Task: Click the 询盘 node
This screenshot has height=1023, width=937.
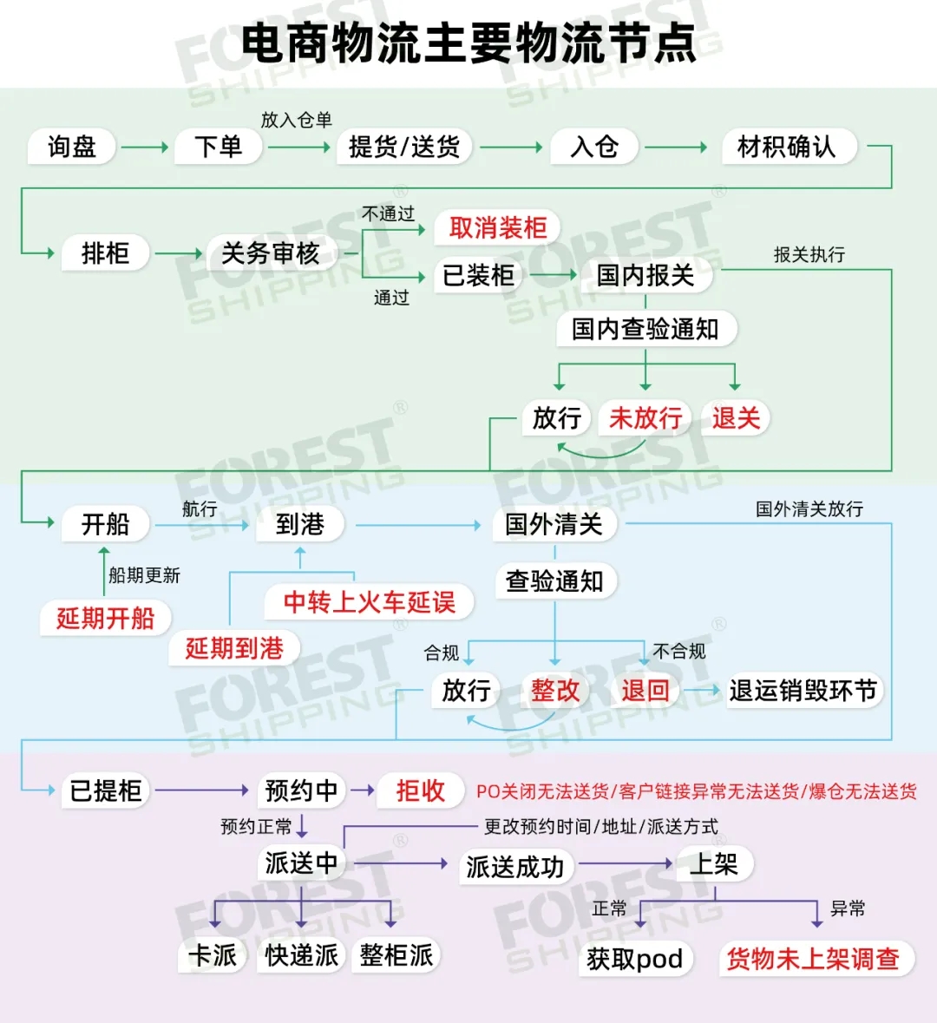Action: click(x=72, y=147)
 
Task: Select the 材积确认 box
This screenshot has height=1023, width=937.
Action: click(x=786, y=147)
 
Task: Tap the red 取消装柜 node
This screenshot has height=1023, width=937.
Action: click(x=497, y=228)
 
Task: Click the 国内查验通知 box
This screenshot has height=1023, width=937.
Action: click(x=645, y=329)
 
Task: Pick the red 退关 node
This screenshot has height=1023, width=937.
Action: click(x=736, y=418)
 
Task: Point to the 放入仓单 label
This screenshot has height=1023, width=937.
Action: click(x=297, y=120)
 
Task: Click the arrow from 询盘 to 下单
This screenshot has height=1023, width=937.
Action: click(x=144, y=148)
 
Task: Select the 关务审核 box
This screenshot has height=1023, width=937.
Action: click(x=271, y=253)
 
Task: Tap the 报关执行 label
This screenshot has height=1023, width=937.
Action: click(x=809, y=254)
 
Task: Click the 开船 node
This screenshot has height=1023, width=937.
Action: click(x=105, y=524)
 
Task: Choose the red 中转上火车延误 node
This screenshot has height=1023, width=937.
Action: click(x=369, y=602)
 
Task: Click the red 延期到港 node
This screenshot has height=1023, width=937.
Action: click(x=234, y=648)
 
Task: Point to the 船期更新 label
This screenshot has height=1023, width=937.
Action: click(x=144, y=575)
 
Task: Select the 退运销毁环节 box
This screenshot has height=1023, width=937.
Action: click(x=803, y=691)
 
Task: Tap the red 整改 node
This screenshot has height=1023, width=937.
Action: click(x=555, y=691)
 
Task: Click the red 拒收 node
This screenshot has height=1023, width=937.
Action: click(x=420, y=790)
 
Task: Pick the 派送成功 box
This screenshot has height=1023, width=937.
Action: click(x=515, y=867)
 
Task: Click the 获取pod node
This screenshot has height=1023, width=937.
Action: click(x=635, y=959)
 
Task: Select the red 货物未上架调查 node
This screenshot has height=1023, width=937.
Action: click(x=813, y=959)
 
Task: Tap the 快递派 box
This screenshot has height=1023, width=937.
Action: click(x=301, y=955)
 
